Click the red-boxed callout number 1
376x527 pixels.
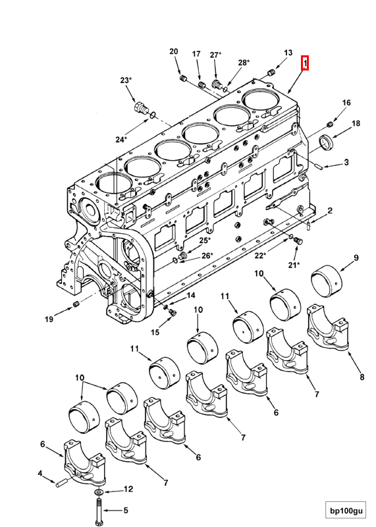point(305,63)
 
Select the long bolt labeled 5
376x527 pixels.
point(98,511)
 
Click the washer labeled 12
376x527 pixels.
point(98,491)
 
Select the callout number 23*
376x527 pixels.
point(125,80)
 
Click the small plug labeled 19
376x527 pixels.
point(76,304)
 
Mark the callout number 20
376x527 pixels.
point(174,51)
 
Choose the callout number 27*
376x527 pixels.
point(215,55)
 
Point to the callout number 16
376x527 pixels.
point(346,103)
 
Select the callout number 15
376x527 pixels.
point(155,332)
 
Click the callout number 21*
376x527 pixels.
point(293,265)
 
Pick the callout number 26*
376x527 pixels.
point(206,256)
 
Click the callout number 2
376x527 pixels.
point(330,210)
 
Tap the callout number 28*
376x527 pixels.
point(244,63)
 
